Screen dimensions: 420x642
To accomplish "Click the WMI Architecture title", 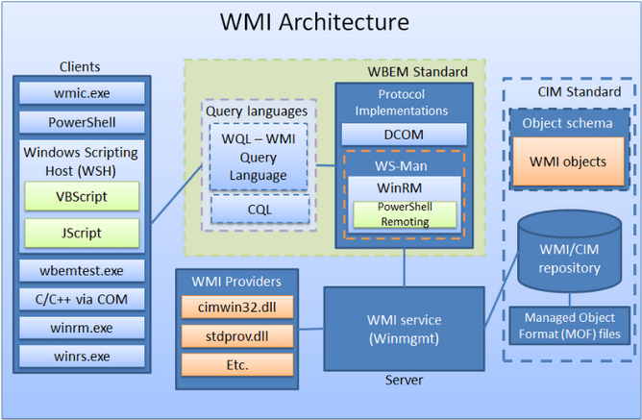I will coord(314,21).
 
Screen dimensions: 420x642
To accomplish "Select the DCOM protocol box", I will coord(404,134).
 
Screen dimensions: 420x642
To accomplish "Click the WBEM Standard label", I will coord(418,72).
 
